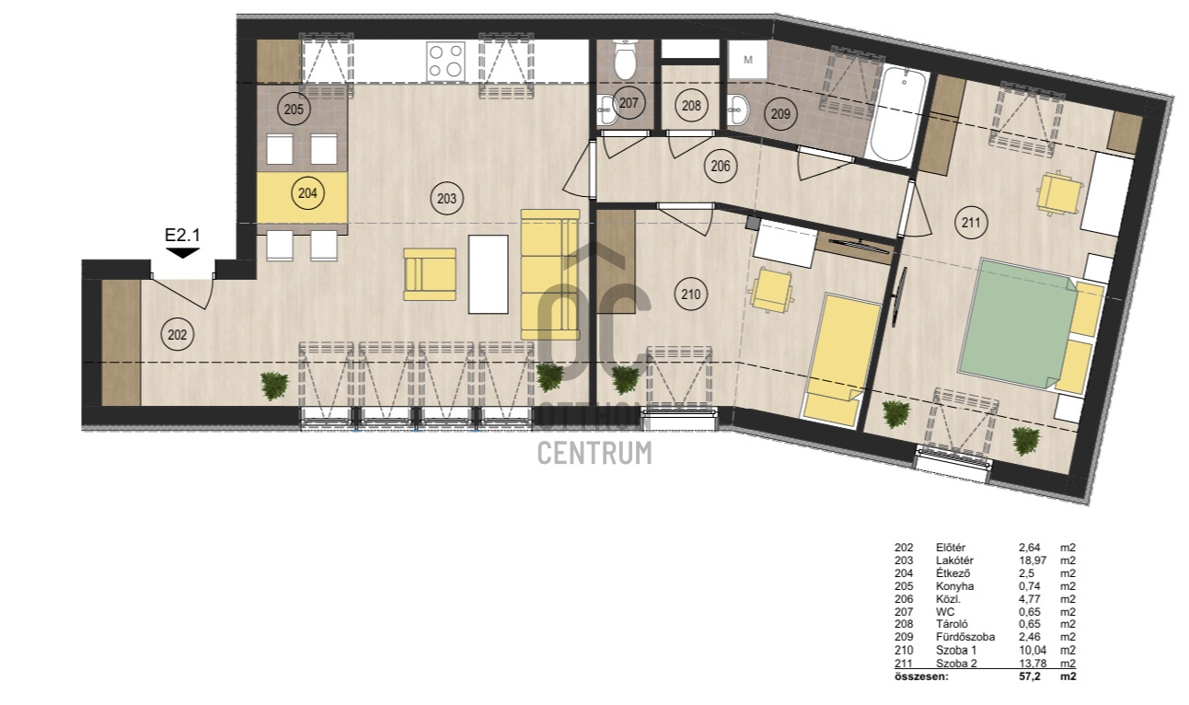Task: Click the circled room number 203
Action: (x=446, y=199)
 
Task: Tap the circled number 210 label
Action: (x=690, y=295)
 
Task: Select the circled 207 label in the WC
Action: (x=629, y=103)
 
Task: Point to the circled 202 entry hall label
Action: (x=177, y=334)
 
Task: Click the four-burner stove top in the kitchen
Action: (x=445, y=61)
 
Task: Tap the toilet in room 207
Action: (x=625, y=60)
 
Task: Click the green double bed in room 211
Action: (x=1018, y=324)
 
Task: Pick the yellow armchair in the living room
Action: (x=430, y=274)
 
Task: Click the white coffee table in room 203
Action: (x=488, y=274)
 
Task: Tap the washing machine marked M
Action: (x=747, y=60)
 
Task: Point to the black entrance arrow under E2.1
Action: (x=182, y=253)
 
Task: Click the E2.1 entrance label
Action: (x=182, y=235)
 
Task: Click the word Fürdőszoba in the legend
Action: (x=965, y=637)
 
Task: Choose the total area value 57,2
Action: (x=1030, y=676)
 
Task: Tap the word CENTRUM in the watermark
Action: (x=594, y=453)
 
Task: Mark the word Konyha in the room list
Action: (x=954, y=586)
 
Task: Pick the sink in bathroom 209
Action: (x=737, y=110)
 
